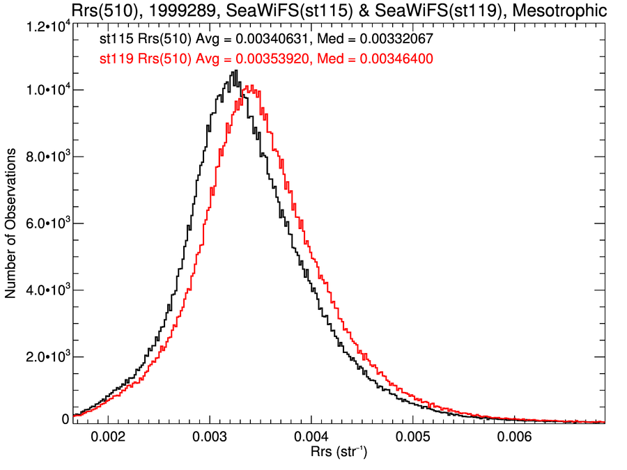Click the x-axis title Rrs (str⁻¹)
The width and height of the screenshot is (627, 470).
(338, 453)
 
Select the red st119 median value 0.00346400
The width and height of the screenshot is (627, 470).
(395, 60)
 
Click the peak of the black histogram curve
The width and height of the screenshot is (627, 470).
(236, 70)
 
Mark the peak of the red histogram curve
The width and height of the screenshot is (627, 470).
(249, 86)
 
